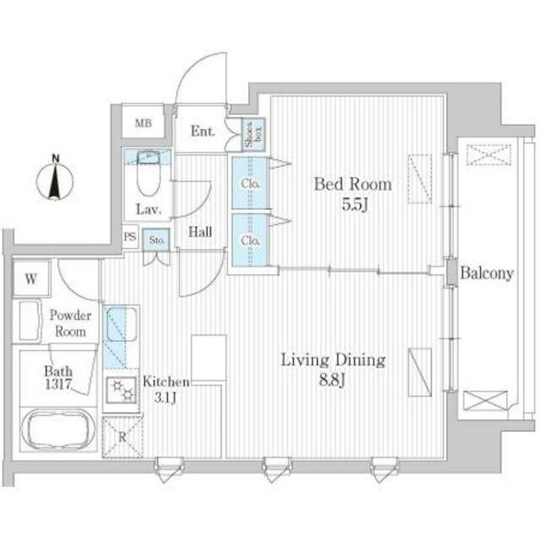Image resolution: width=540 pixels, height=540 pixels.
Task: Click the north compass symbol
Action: (55, 179)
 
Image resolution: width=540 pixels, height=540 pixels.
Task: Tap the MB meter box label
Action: (143, 123)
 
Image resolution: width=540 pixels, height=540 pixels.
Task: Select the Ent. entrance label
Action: (202, 131)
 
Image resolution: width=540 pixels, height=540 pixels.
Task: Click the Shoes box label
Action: (254, 134)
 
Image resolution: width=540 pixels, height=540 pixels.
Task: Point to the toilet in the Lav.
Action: (148, 173)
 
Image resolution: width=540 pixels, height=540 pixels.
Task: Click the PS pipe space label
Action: (130, 236)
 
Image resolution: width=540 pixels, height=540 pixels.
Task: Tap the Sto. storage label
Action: (157, 240)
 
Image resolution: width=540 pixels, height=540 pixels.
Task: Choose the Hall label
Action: (200, 232)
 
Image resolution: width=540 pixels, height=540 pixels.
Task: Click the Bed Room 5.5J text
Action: (353, 194)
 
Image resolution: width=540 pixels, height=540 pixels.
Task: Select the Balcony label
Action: (487, 273)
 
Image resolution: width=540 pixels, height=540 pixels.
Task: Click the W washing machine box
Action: (31, 278)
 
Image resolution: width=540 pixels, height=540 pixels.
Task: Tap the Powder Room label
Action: (71, 323)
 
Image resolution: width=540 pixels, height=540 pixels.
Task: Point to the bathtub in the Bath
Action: (58, 429)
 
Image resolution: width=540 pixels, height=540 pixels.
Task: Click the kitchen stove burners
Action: (121, 391)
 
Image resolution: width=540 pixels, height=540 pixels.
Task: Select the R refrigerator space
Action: (122, 437)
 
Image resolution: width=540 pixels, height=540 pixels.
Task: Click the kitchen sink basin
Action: (121, 324)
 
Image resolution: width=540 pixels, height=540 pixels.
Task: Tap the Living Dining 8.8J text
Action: (333, 370)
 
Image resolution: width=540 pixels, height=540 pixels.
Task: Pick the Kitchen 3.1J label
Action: (166, 390)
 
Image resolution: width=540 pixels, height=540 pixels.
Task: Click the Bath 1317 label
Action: (58, 377)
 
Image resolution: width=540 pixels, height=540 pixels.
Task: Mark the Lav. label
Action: (148, 209)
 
